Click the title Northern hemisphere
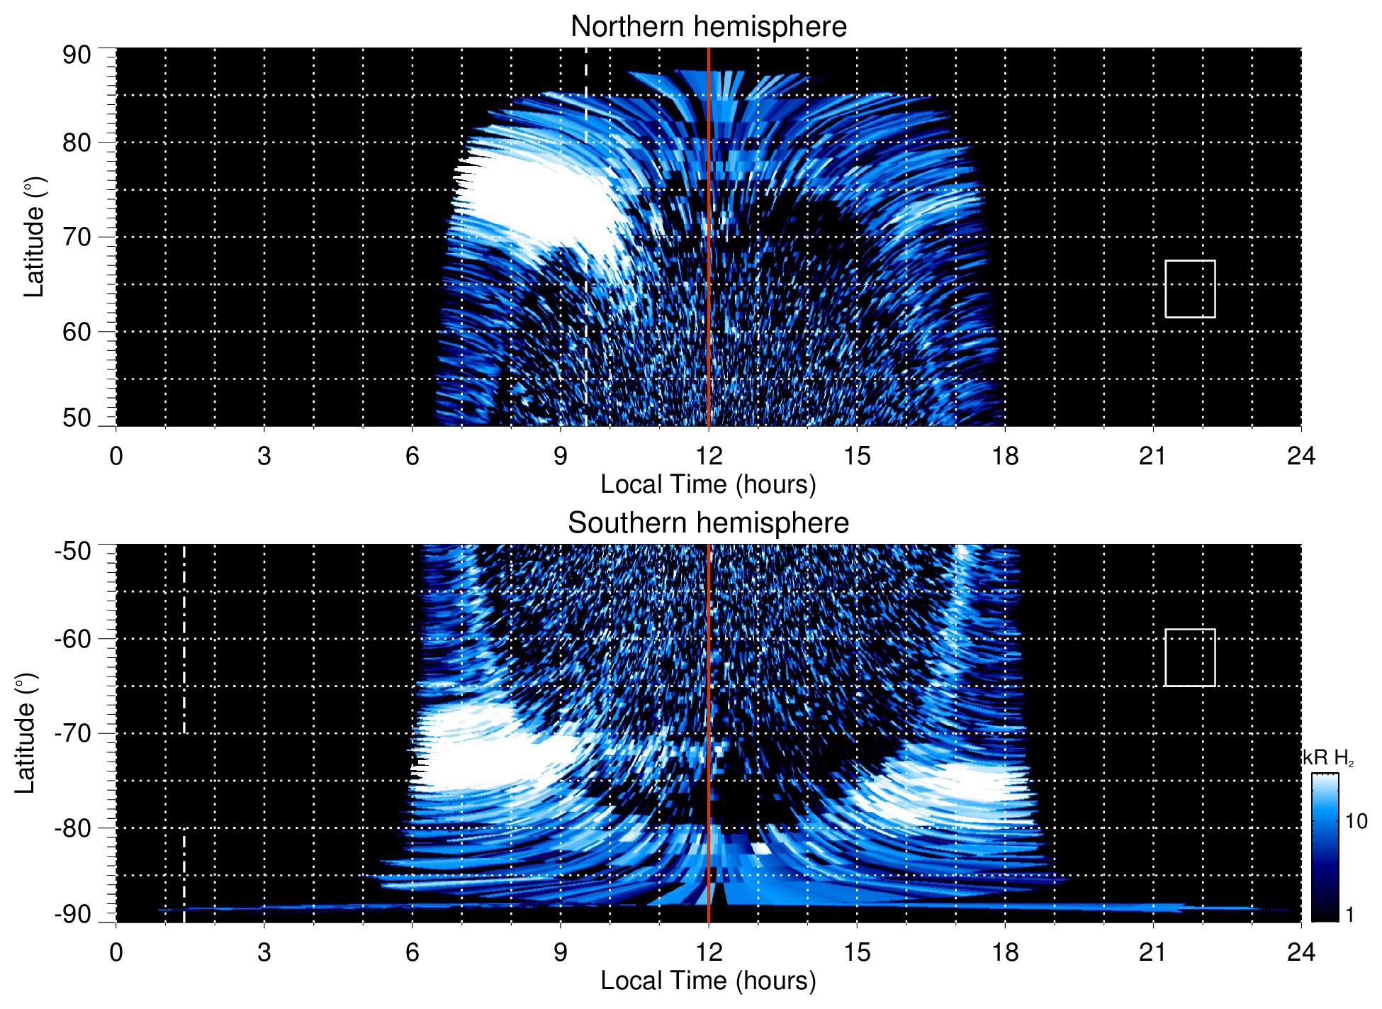tap(708, 27)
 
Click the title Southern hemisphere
tap(708, 523)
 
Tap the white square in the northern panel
tap(1190, 289)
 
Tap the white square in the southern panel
tap(1190, 657)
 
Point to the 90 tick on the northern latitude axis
tap(77, 55)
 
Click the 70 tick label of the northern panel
tap(77, 237)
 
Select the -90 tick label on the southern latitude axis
tap(73, 915)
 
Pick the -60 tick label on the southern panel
tap(73, 639)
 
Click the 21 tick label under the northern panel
tap(1152, 456)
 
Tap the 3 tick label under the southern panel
tap(264, 952)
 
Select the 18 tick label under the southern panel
tap(1004, 952)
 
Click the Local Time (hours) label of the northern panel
tap(708, 484)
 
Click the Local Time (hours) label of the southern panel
tap(708, 981)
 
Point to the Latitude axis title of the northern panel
tap(34, 237)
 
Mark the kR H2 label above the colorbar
tap(1327, 758)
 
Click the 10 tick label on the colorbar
tap(1356, 822)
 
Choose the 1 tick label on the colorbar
tap(1349, 915)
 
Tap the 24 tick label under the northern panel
tap(1300, 456)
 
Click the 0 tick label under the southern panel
tap(116, 952)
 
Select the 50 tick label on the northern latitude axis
tap(77, 418)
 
